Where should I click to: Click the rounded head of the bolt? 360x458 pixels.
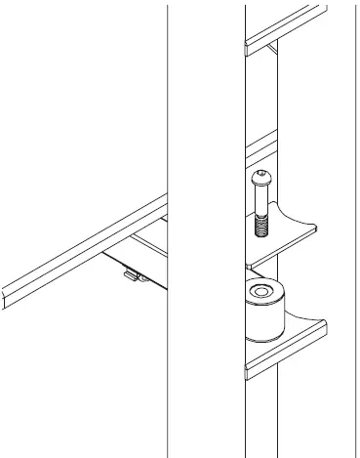[x=262, y=178]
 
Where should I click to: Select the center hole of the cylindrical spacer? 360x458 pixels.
[x=261, y=292]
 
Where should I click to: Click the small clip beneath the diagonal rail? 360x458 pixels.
[x=131, y=276]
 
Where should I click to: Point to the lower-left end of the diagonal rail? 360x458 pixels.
[x=6, y=295]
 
